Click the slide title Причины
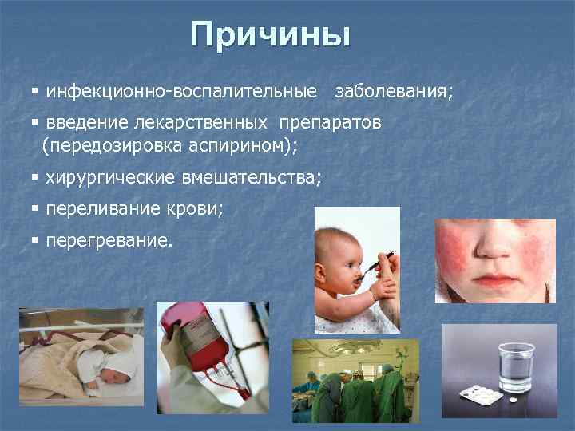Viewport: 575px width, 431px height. [x=271, y=35]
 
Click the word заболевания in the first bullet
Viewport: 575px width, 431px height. [x=393, y=92]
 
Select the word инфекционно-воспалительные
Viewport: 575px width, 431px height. [x=181, y=92]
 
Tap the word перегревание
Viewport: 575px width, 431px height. [x=109, y=239]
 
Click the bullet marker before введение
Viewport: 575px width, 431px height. [x=34, y=124]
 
